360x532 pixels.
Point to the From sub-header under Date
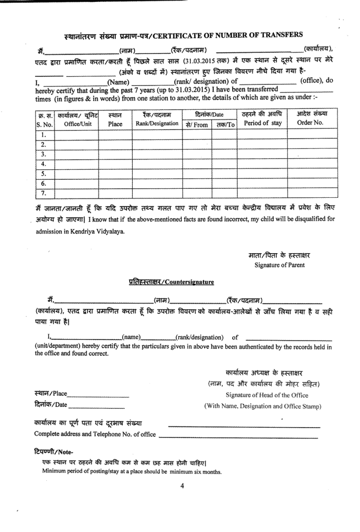pyautogui.click(x=197, y=125)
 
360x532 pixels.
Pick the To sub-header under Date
pyautogui.click(x=225, y=125)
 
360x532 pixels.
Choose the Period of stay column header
pyautogui.click(x=262, y=123)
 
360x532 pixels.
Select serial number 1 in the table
pyautogui.click(x=44, y=134)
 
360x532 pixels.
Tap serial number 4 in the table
pyautogui.click(x=44, y=164)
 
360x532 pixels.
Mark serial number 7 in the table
pyautogui.click(x=44, y=193)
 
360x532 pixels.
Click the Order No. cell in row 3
pyautogui.click(x=310, y=154)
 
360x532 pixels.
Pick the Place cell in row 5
pyautogui.click(x=115, y=174)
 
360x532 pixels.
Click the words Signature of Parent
pyautogui.click(x=279, y=265)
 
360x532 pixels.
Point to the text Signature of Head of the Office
pyautogui.click(x=267, y=395)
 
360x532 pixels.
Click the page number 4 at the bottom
pyautogui.click(x=182, y=486)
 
